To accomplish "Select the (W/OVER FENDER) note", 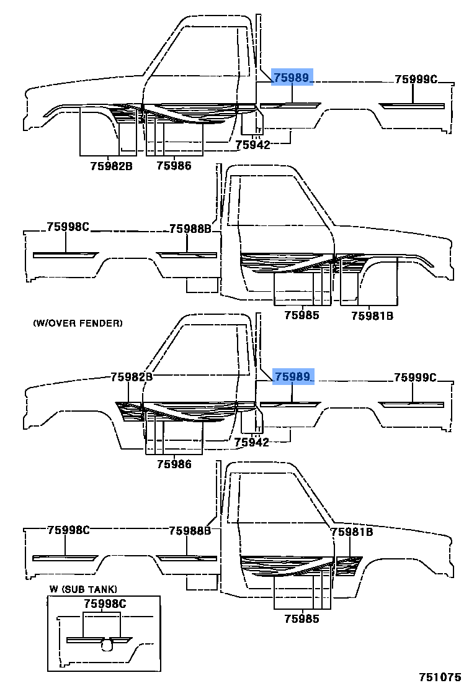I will tap(78, 323).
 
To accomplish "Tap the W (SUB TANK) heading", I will tap(83, 589).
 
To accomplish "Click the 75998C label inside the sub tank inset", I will tap(105, 604).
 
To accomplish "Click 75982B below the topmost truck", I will tap(112, 166).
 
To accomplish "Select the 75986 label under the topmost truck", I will tap(174, 166).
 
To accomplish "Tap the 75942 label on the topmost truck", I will tap(252, 145).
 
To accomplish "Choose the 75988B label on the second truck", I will tap(190, 229).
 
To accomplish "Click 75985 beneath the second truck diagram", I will tap(301, 315).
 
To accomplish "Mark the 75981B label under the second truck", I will tap(372, 315).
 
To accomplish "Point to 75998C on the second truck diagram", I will tap(68, 227).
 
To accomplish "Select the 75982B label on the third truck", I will tap(132, 377).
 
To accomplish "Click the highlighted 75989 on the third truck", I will tap(292, 377).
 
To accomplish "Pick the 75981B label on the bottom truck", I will tap(352, 532).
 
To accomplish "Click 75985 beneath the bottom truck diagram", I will tap(301, 618).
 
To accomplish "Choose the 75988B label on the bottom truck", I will tap(190, 530).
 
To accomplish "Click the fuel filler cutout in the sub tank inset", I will tap(107, 645).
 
